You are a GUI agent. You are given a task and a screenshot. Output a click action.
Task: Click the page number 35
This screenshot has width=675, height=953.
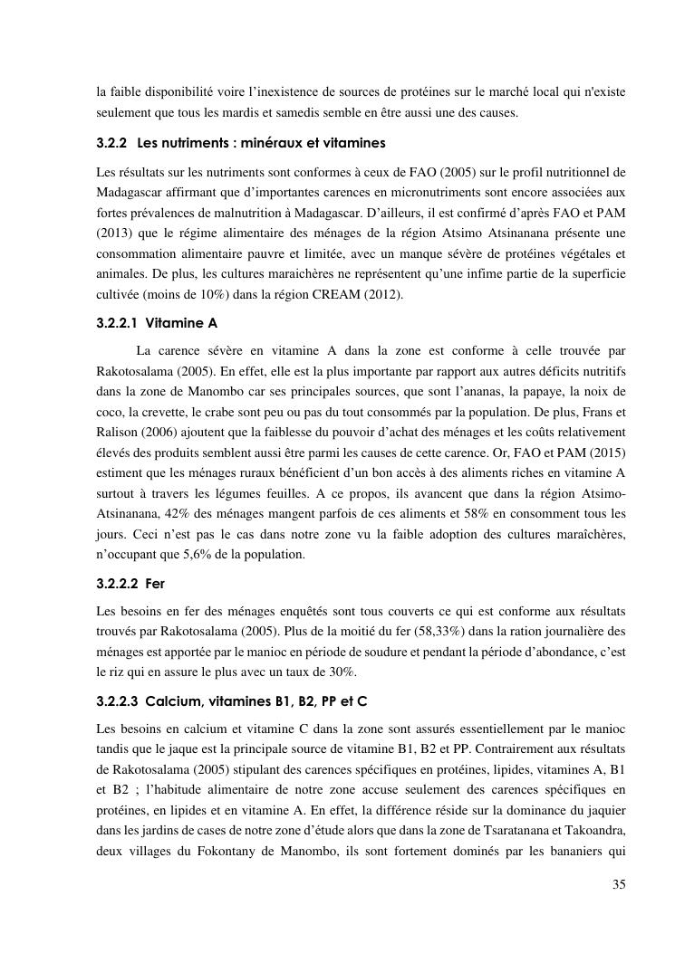tap(618, 884)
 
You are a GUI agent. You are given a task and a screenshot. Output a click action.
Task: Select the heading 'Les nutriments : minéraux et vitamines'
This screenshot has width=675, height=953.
tap(261, 143)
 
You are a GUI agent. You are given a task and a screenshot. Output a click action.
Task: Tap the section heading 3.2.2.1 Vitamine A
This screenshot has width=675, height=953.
tap(157, 322)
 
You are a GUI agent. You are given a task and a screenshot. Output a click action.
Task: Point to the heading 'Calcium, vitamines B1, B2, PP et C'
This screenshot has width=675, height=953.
tap(256, 701)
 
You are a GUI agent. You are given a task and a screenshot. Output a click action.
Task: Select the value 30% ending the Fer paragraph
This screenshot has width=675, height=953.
tap(342, 671)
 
